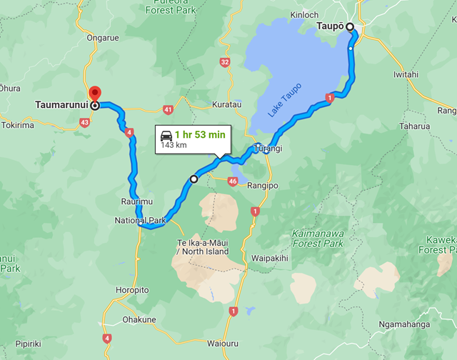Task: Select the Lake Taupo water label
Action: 285,101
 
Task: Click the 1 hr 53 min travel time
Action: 200,134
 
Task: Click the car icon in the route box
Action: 166,134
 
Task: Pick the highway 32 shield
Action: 225,63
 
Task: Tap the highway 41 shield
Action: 168,109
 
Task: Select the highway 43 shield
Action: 85,123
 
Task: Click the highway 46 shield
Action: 233,182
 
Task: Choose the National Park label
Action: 140,221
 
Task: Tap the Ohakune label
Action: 139,319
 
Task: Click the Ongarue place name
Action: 101,37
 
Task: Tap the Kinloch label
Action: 304,14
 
